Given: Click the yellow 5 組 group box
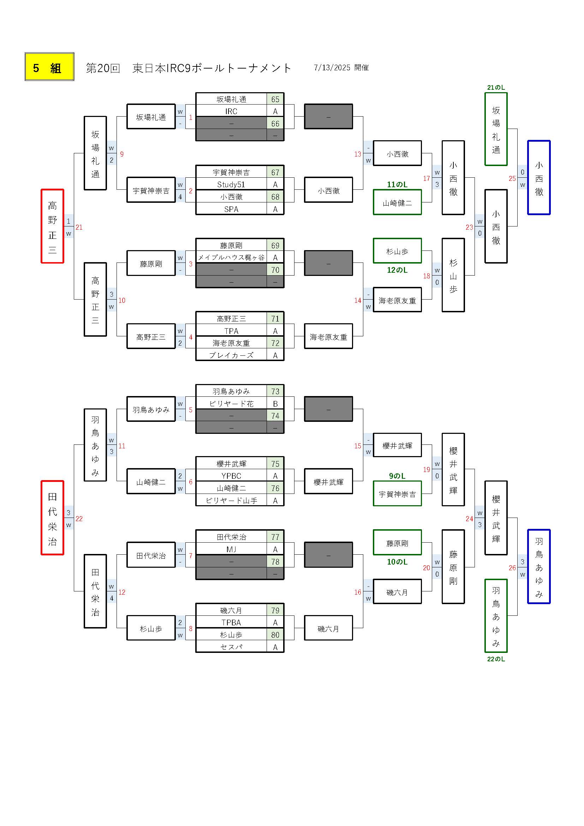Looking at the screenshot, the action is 50,67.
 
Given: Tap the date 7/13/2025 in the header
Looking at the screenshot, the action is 332,67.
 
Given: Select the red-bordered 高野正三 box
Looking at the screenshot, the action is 53,226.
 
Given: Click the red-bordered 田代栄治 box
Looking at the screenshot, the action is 53,518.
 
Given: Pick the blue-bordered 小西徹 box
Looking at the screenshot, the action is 539,177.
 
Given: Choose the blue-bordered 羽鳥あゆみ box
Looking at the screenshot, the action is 539,566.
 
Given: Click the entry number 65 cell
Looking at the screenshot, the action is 275,99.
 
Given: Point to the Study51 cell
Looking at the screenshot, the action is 231,184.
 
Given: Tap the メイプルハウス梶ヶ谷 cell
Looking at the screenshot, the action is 231,258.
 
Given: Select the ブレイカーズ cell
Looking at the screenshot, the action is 231,355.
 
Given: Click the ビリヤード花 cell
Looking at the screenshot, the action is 231,404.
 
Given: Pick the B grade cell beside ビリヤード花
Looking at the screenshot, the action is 275,404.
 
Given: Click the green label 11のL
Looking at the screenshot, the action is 397,184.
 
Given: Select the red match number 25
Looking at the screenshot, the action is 512,178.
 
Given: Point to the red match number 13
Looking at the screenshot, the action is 357,154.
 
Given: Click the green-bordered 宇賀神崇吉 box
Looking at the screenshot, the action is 397,494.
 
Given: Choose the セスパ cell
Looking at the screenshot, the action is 231,647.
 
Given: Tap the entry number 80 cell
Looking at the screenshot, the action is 275,635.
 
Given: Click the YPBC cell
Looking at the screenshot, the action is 231,476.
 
